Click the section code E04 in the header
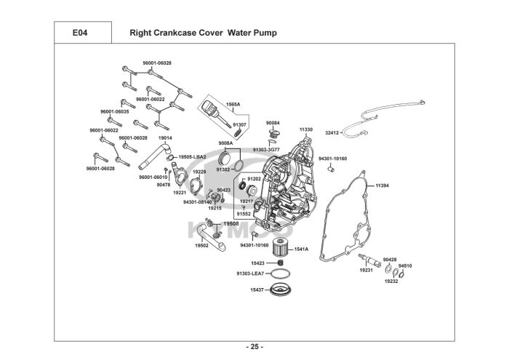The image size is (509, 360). click(80, 33)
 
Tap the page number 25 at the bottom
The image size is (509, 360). click(254, 347)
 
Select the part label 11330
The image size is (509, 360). click(306, 129)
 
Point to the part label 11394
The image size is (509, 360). click(382, 185)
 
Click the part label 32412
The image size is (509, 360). click(332, 133)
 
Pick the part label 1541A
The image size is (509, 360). click(301, 249)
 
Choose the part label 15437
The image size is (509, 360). click(257, 290)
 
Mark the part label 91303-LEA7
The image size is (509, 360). click(251, 273)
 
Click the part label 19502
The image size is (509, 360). click(201, 246)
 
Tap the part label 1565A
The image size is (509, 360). click(233, 105)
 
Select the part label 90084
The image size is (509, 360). click(273, 123)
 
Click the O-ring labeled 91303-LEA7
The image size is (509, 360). click(281, 274)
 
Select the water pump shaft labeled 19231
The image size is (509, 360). click(369, 259)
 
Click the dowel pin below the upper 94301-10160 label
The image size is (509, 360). click(331, 169)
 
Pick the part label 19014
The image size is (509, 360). click(165, 138)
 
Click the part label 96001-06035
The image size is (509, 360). click(115, 112)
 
